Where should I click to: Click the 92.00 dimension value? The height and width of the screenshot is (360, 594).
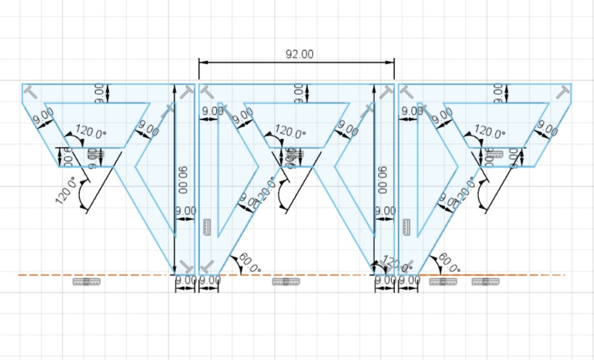click(299, 54)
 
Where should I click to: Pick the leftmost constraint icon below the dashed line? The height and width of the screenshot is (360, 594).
click(85, 281)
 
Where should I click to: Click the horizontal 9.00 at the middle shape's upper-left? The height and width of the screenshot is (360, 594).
click(212, 111)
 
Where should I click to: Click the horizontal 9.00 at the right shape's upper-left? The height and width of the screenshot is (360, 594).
click(412, 111)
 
